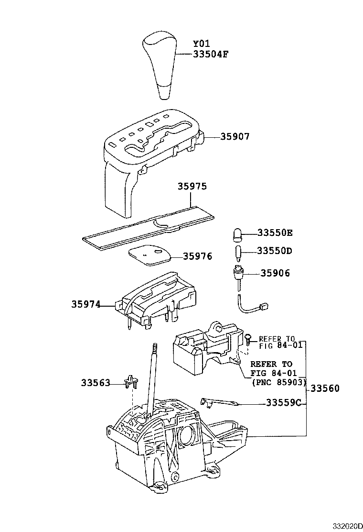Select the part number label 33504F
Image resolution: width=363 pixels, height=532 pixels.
click(x=211, y=54)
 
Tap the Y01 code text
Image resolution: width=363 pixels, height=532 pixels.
click(x=202, y=44)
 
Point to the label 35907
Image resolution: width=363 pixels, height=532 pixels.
click(x=235, y=136)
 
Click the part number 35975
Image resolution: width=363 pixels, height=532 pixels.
click(x=192, y=187)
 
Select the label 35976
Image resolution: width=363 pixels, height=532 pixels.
click(x=198, y=256)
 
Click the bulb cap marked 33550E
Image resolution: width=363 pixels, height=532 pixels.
click(x=237, y=234)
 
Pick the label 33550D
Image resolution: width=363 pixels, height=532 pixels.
click(x=275, y=251)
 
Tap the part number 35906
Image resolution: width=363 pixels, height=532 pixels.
click(x=275, y=273)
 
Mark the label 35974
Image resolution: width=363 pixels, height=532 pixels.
click(x=86, y=304)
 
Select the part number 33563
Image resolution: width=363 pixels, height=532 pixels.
click(x=95, y=383)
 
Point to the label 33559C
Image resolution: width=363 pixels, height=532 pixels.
click(x=282, y=402)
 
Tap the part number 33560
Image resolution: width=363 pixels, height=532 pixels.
click(x=325, y=388)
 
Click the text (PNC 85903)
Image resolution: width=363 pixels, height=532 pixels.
click(x=277, y=382)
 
